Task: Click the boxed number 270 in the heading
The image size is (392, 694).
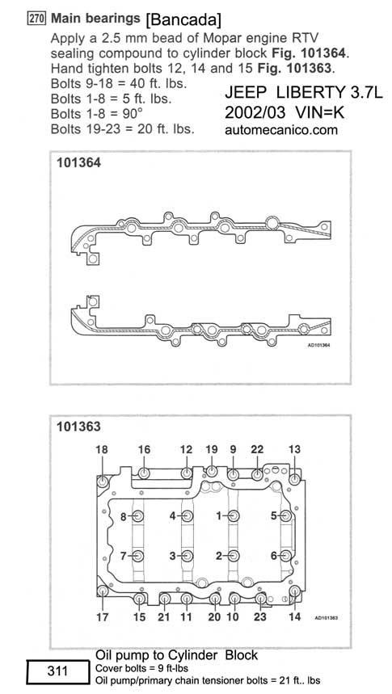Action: (37, 19)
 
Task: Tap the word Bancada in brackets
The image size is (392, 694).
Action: (183, 19)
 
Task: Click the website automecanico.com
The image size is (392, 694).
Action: (280, 130)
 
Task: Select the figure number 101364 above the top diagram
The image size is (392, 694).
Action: (78, 163)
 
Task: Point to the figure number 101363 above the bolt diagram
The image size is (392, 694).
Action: (78, 427)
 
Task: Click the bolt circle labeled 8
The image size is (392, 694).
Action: (138, 516)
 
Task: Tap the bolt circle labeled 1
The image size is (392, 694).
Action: (234, 516)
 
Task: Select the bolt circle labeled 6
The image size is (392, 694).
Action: (286, 556)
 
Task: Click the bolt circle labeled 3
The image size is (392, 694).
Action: (188, 556)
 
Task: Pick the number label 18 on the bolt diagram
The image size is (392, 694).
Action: (102, 450)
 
